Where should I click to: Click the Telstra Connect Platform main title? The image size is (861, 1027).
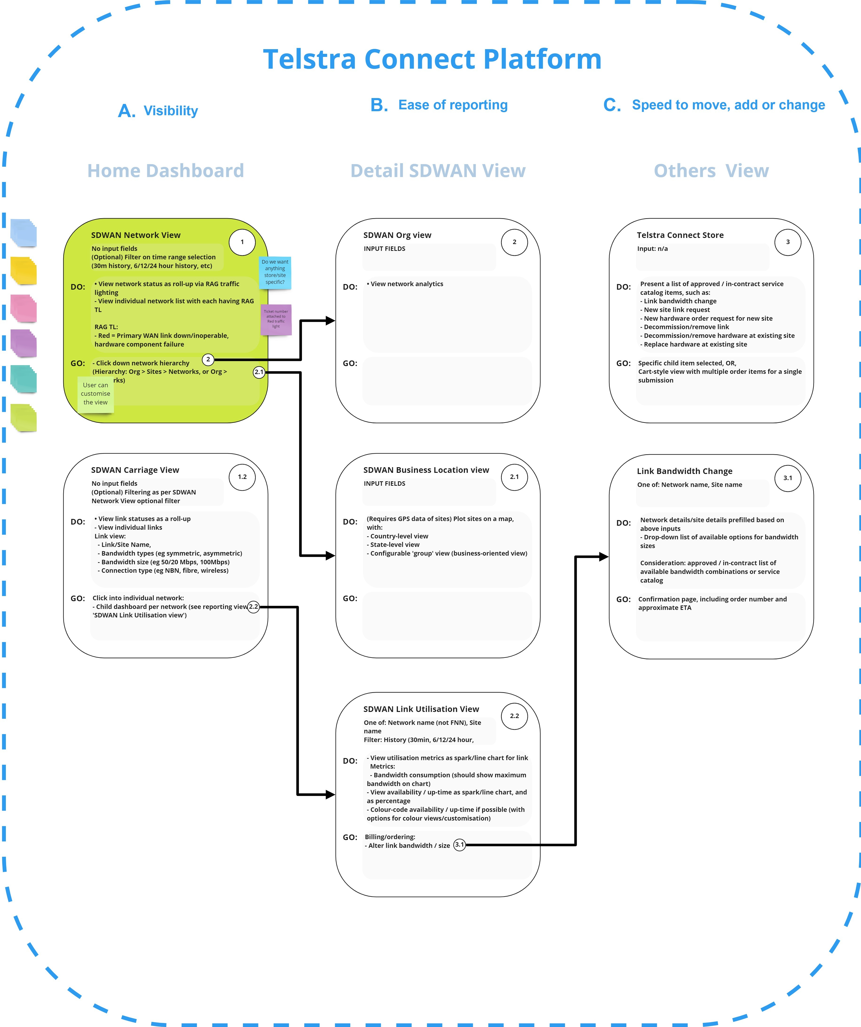pyautogui.click(x=432, y=59)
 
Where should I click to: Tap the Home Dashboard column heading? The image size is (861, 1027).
pyautogui.click(x=165, y=171)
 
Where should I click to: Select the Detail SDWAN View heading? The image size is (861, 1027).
pyautogui.click(x=438, y=171)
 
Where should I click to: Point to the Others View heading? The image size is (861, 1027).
pyautogui.click(x=711, y=171)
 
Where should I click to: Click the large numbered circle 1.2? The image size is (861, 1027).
pyautogui.click(x=242, y=477)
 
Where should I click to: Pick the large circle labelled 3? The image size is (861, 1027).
pyautogui.click(x=788, y=242)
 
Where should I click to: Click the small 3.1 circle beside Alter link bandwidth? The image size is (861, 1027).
pyautogui.click(x=460, y=845)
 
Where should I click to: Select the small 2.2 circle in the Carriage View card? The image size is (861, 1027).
pyautogui.click(x=253, y=607)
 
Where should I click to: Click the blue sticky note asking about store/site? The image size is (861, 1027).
pyautogui.click(x=275, y=273)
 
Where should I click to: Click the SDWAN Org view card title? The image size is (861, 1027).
pyautogui.click(x=398, y=235)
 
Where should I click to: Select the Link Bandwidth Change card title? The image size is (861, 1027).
pyautogui.click(x=684, y=471)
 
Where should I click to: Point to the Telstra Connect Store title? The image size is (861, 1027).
pyautogui.click(x=680, y=235)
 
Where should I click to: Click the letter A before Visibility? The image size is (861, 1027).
pyautogui.click(x=127, y=111)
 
